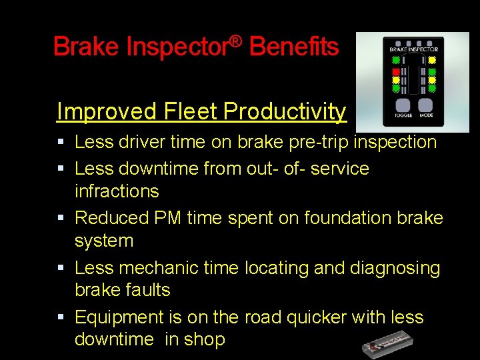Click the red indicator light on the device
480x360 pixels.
[x=395, y=71]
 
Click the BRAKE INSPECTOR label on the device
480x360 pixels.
[x=413, y=49]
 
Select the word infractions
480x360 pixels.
[x=117, y=191]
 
